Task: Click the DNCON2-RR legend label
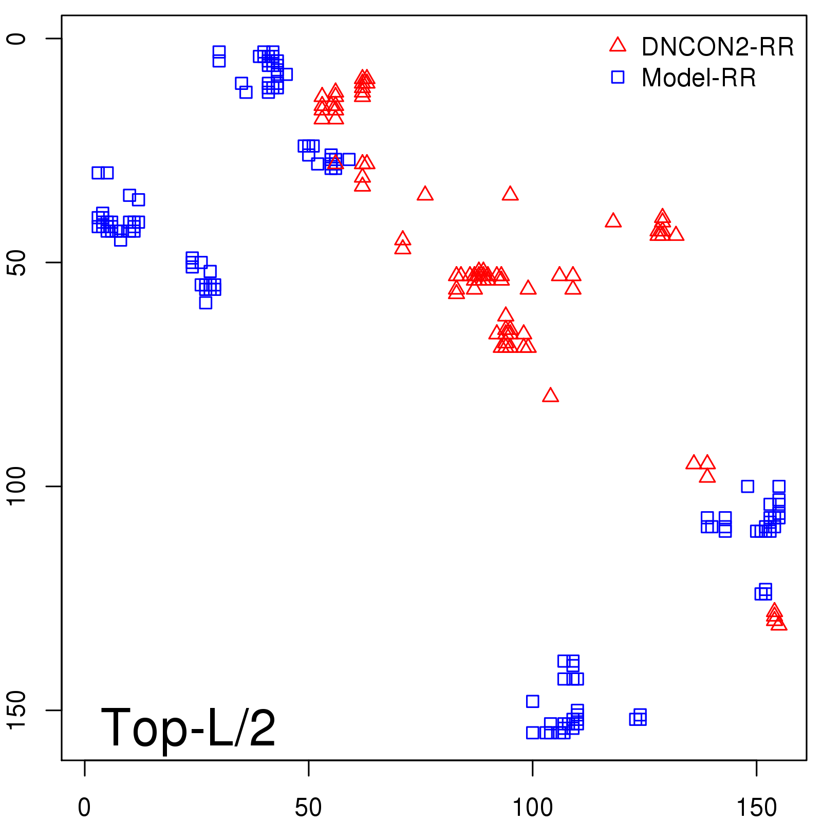717,47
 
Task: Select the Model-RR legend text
699,78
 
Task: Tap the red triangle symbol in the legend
618,45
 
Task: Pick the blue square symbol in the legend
618,77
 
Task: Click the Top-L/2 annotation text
188,727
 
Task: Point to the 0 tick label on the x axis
84,808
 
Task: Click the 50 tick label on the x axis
308,808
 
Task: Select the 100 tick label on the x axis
533,808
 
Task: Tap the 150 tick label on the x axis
756,808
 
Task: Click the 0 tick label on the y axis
17,39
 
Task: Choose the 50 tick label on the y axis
17,263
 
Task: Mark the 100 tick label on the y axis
17,486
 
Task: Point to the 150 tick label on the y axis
17,710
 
